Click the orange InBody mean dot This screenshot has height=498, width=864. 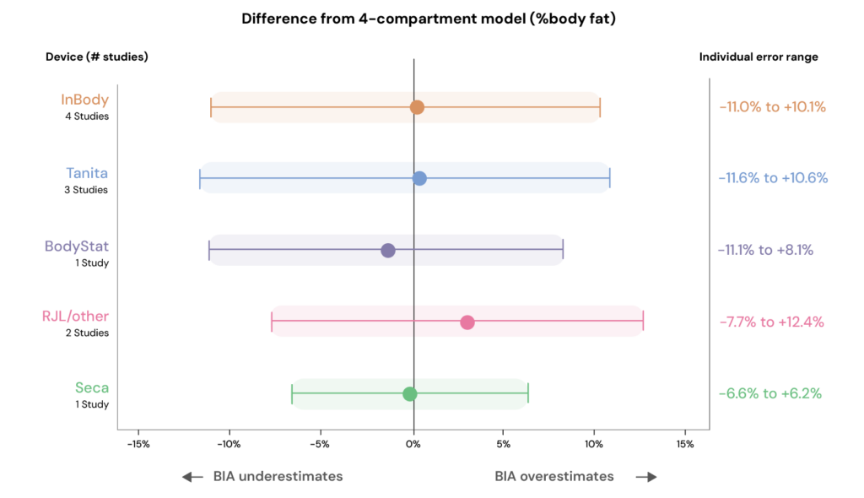(417, 107)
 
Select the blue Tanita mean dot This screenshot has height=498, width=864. (419, 178)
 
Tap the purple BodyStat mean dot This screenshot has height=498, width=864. (388, 250)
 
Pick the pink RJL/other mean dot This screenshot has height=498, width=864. (467, 322)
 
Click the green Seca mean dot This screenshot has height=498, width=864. (410, 393)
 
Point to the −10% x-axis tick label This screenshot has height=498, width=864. (229, 444)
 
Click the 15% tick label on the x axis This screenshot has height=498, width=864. (684, 444)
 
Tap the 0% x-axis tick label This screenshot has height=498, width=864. (413, 444)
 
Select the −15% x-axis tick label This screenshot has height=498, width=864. (138, 444)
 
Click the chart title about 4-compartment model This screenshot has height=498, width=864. (429, 19)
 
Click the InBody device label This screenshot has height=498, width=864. (84, 100)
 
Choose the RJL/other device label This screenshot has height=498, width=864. (75, 317)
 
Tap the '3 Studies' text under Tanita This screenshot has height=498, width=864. (87, 190)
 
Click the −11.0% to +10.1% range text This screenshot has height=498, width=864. (772, 107)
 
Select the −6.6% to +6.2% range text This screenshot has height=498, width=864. (769, 393)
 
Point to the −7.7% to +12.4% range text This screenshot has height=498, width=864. (771, 322)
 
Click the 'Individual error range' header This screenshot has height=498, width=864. (759, 57)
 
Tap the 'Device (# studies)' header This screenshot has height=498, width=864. (97, 57)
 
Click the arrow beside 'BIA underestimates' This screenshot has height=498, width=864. (193, 477)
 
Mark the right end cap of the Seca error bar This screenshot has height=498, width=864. (528, 393)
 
